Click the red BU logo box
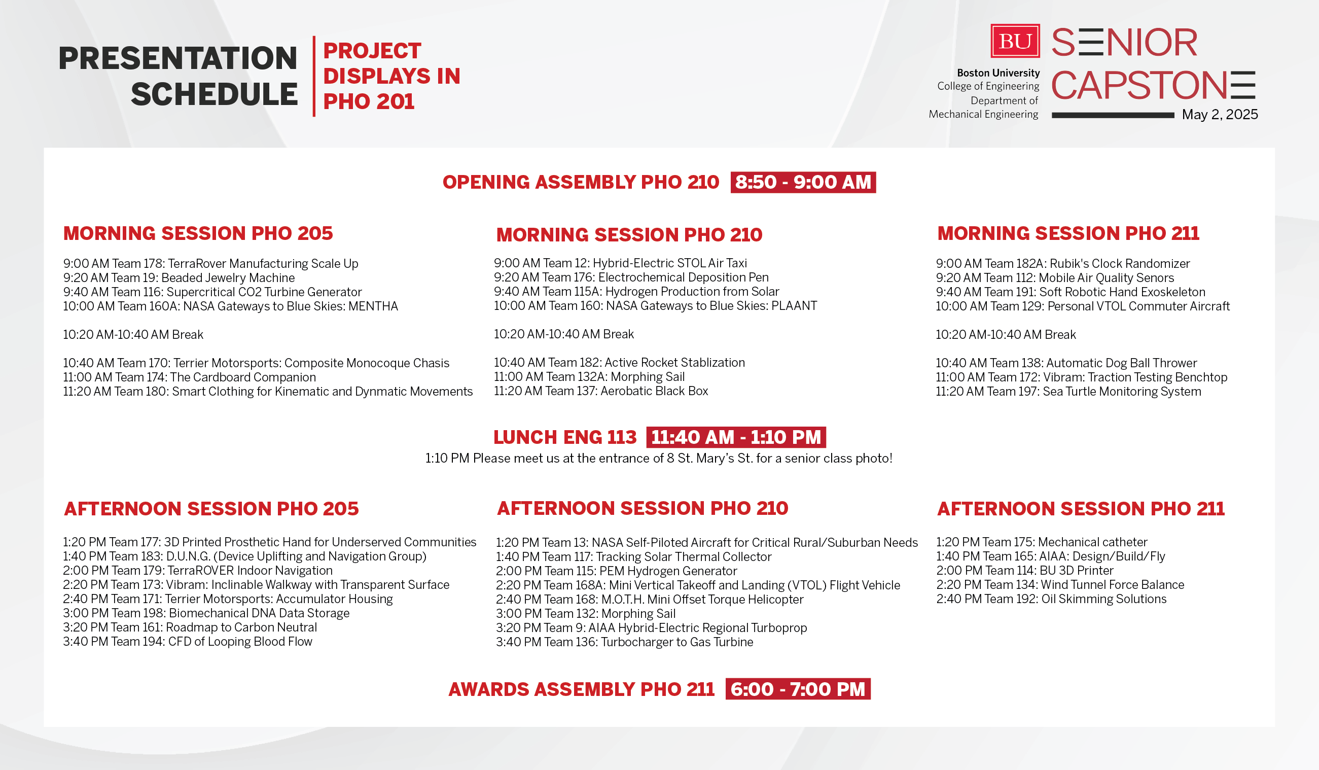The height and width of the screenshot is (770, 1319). (1015, 41)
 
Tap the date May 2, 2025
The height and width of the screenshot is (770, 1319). (1220, 115)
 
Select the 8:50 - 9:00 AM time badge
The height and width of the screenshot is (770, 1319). (803, 182)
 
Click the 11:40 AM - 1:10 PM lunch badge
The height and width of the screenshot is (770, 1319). (736, 437)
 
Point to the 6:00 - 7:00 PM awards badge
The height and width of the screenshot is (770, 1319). (798, 689)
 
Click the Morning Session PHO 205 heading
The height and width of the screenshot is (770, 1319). (198, 233)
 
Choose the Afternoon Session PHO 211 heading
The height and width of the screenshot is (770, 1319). (1081, 509)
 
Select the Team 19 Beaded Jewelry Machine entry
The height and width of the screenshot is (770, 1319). (179, 278)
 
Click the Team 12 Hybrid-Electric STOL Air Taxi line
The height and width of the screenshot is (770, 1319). (620, 263)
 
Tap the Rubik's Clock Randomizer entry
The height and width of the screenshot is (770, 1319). (1062, 264)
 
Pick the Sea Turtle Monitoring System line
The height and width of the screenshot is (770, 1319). (1068, 392)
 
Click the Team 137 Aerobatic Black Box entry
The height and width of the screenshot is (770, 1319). (601, 391)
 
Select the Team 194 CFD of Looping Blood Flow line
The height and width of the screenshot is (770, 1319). (188, 642)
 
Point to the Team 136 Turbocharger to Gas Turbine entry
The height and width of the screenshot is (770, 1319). (624, 642)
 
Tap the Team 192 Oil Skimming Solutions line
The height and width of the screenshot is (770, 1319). (1051, 599)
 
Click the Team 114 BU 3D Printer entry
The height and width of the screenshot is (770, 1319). (1024, 571)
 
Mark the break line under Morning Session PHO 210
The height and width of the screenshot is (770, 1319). (564, 334)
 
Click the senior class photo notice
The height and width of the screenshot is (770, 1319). (658, 459)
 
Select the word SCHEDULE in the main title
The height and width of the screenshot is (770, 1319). (214, 95)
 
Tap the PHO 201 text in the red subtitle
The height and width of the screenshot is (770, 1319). (369, 101)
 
